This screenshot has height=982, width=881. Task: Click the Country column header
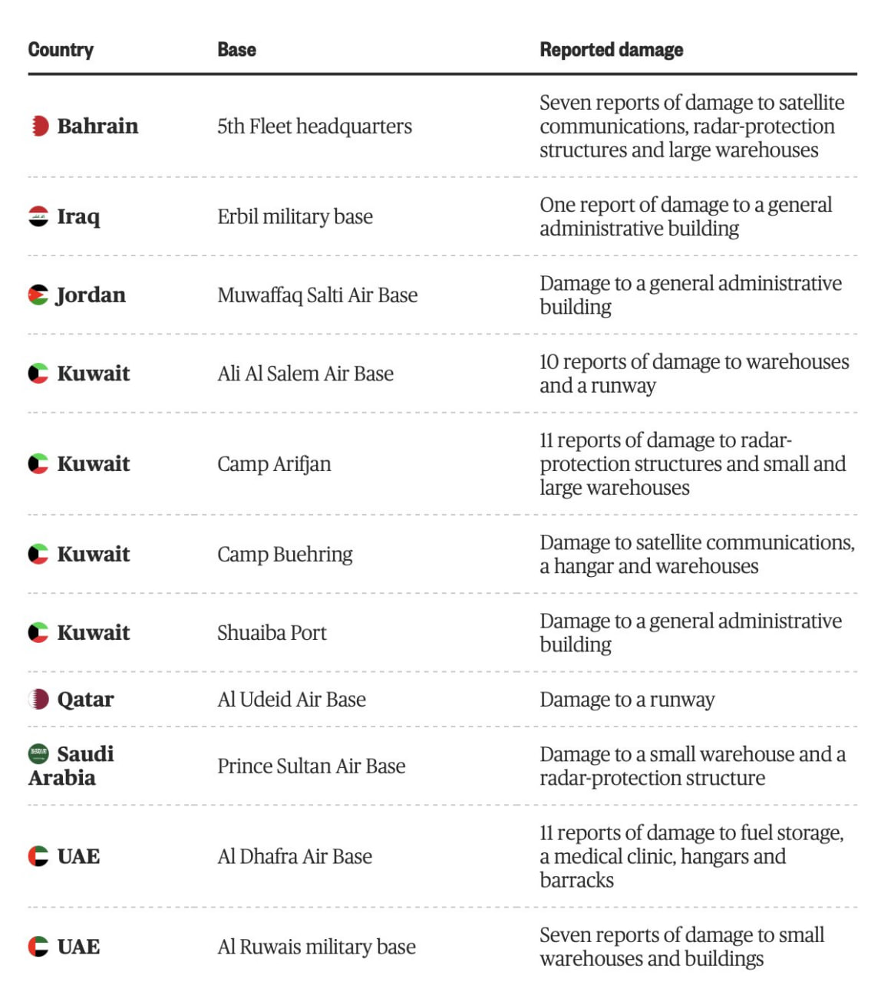point(61,50)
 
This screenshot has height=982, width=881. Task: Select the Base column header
point(236,50)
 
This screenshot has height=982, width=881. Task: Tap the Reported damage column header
point(611,50)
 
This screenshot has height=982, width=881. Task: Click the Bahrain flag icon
point(39,126)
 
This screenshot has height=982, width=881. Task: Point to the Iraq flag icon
point(38,216)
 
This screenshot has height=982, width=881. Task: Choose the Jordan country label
point(91,295)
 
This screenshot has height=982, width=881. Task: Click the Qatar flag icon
point(38,699)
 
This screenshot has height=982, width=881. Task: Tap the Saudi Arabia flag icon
point(38,753)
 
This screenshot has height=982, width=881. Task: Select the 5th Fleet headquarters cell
point(315,126)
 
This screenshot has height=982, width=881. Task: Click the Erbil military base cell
point(295,216)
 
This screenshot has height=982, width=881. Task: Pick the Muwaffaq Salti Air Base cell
point(317,295)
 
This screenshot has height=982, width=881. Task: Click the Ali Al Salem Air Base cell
point(305,374)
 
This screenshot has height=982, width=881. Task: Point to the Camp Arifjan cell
point(274,464)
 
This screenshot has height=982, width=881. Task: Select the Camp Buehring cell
point(285,554)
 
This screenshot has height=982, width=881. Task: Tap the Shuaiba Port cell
point(272,633)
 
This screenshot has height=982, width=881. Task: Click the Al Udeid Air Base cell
point(292,699)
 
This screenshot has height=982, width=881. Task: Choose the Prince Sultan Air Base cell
point(311,766)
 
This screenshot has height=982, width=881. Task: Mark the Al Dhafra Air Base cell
point(295,856)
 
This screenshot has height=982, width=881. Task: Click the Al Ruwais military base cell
point(316,947)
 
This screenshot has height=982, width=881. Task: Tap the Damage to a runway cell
point(627,699)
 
